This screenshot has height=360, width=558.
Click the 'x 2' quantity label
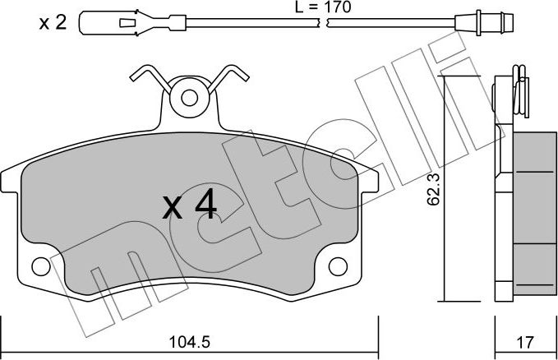click(x=52, y=23)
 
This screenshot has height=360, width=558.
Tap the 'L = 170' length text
click(x=319, y=8)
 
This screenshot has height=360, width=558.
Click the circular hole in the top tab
click(x=189, y=98)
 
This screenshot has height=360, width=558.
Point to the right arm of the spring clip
click(x=232, y=79)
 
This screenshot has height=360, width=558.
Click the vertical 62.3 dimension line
click(x=445, y=189)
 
